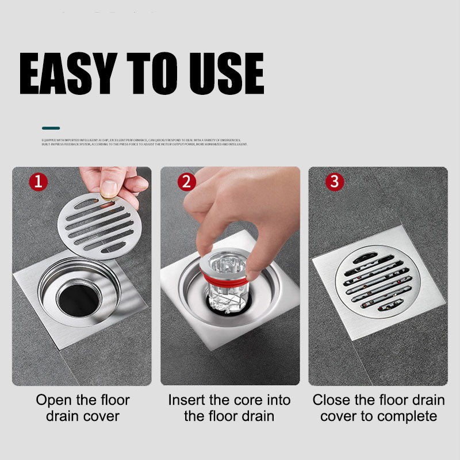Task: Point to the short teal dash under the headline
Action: [51, 128]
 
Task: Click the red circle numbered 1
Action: [38, 182]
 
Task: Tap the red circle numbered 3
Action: [334, 182]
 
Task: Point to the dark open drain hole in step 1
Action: [78, 296]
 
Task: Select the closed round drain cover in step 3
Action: [377, 282]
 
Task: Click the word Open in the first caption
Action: [55, 400]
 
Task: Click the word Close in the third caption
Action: [333, 400]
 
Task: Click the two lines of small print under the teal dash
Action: [144, 141]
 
